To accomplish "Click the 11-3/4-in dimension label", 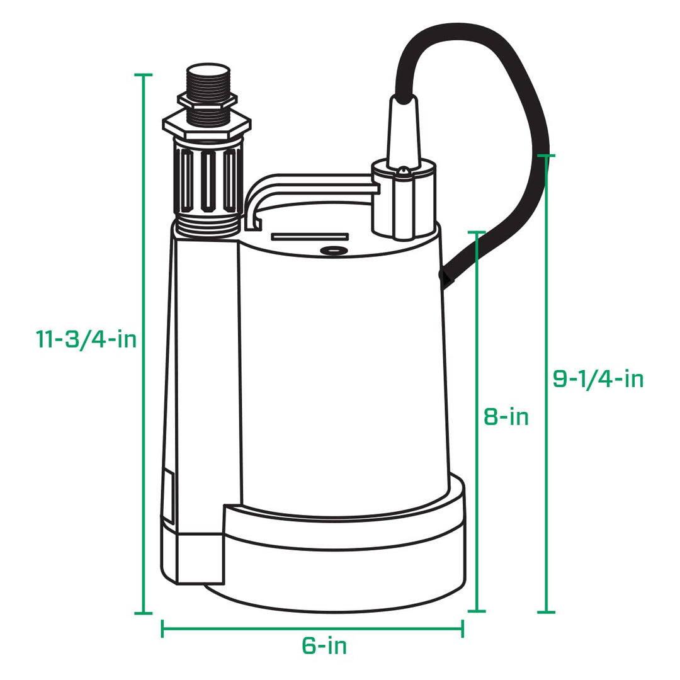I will (x=86, y=339).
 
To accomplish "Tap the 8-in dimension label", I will (x=506, y=417).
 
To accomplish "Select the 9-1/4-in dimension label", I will (x=598, y=378).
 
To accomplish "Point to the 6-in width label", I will (x=324, y=646).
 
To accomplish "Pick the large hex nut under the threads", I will (x=207, y=123).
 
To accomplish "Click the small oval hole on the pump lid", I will (x=334, y=251).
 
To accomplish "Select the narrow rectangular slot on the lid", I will (x=309, y=237).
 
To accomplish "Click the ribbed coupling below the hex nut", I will (x=207, y=179).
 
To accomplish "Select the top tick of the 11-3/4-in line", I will (x=144, y=75).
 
